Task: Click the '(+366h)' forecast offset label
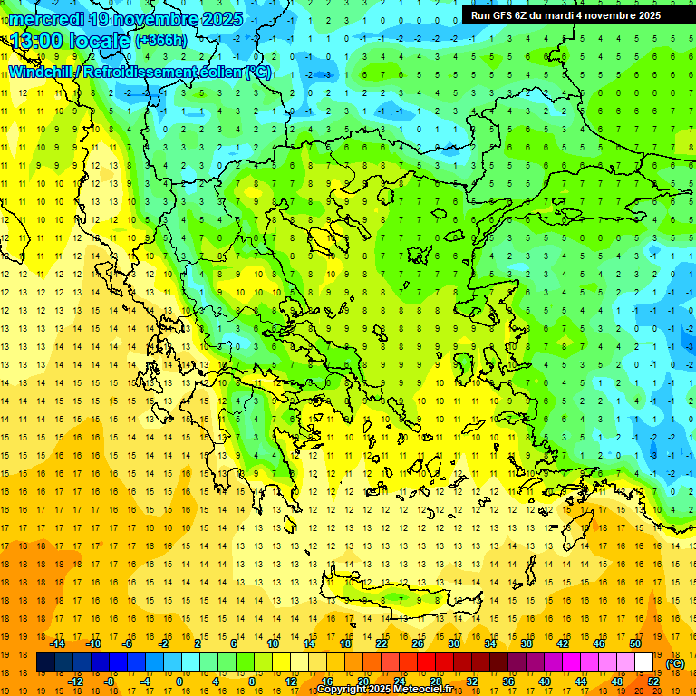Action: tap(161, 41)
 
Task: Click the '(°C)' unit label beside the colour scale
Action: tap(675, 663)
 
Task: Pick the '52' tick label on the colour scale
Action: tap(654, 681)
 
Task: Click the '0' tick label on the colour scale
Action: tap(179, 681)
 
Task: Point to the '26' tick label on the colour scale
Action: tap(418, 643)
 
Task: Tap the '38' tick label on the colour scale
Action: tap(526, 643)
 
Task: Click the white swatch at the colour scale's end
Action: tap(644, 662)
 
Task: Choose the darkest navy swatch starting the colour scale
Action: tap(45, 662)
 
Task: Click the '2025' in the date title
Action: tap(222, 19)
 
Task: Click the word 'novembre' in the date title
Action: tap(154, 19)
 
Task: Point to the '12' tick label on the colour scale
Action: tap(291, 681)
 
